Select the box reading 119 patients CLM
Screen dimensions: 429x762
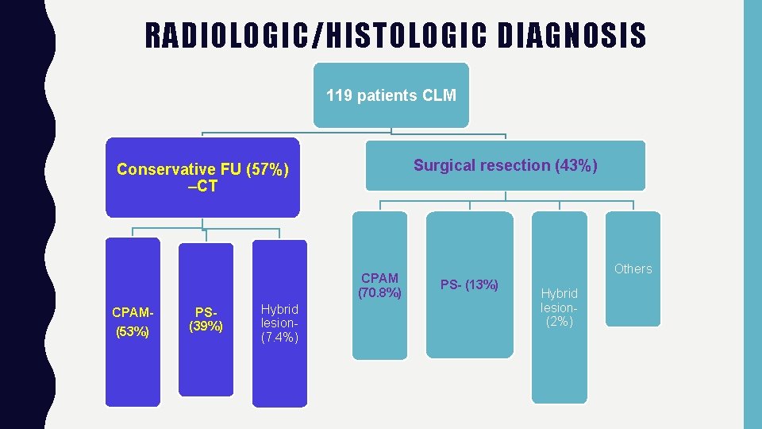(x=391, y=96)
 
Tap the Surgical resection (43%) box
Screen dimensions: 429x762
(x=506, y=165)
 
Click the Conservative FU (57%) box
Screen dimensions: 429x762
(x=203, y=177)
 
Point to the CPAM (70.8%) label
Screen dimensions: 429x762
(x=379, y=285)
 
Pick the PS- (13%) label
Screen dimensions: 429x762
(x=470, y=284)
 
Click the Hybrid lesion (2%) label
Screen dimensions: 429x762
(x=560, y=307)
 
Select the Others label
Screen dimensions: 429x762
(x=633, y=269)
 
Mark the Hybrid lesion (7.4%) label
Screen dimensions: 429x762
(x=279, y=323)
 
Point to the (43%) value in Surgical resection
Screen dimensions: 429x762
(x=575, y=165)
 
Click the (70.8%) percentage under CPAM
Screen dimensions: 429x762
(x=379, y=292)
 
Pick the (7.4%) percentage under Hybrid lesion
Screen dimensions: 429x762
(x=279, y=338)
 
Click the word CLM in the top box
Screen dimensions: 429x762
(x=439, y=96)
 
